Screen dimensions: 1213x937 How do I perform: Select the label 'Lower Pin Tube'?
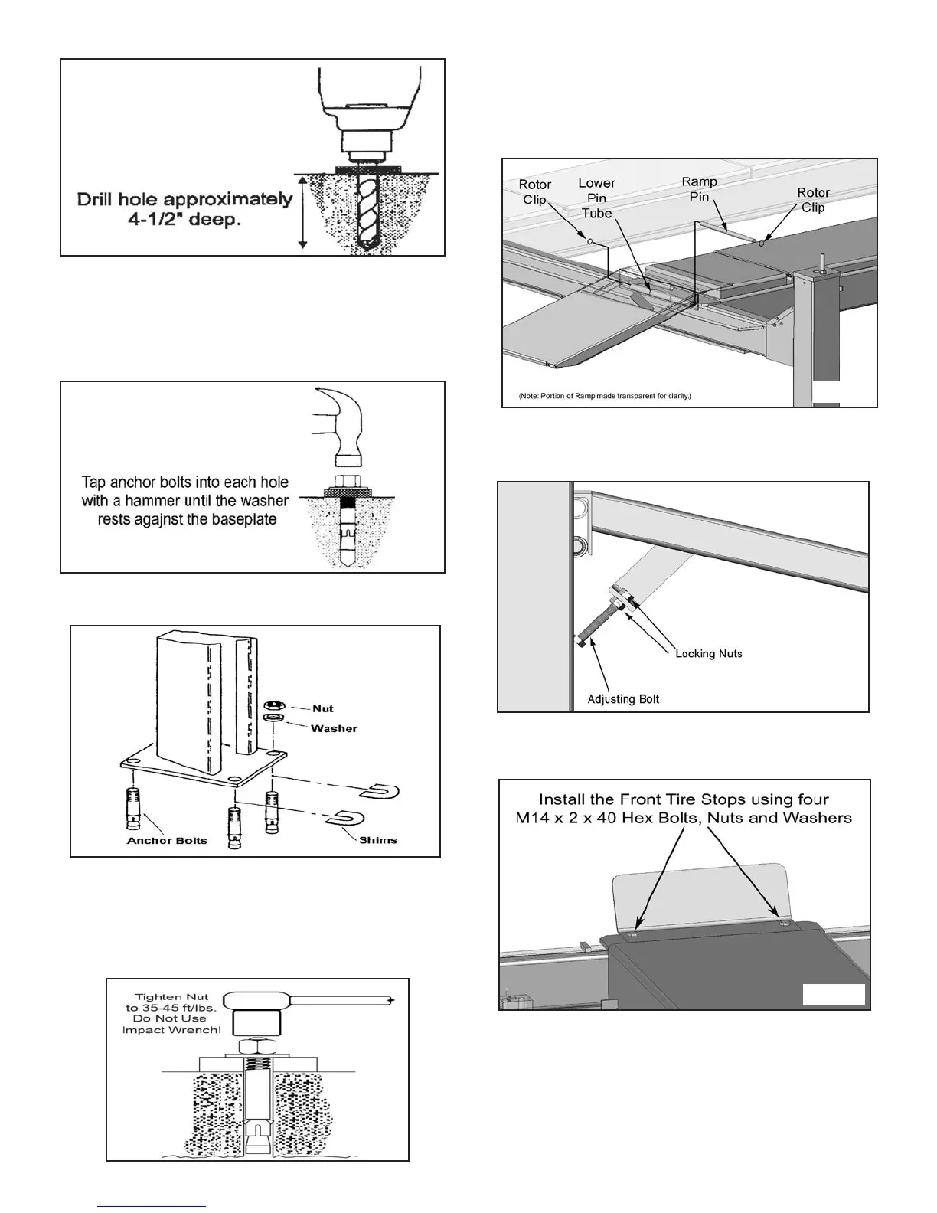coord(596,198)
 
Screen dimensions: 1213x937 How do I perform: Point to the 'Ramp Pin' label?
coord(700,188)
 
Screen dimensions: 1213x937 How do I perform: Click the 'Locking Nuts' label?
coord(708,653)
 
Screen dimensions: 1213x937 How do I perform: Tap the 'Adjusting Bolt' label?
coord(622,699)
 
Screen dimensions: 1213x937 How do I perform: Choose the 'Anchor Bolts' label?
coord(167,840)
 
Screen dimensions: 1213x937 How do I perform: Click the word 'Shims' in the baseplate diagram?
coord(378,840)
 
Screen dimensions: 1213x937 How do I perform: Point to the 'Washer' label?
coord(334,728)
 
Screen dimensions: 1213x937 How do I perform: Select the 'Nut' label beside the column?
coord(323,708)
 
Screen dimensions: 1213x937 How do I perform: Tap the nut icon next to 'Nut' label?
coord(269,705)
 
